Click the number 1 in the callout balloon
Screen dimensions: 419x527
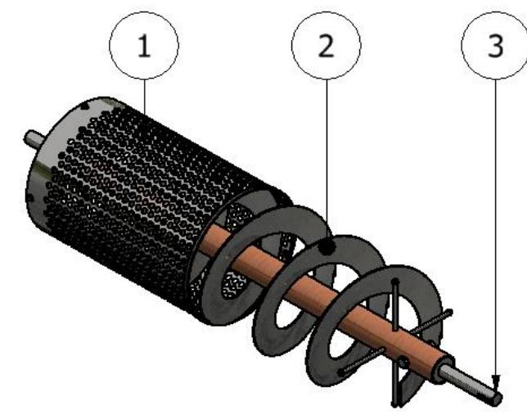click(144, 46)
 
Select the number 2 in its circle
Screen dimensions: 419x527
click(326, 46)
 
